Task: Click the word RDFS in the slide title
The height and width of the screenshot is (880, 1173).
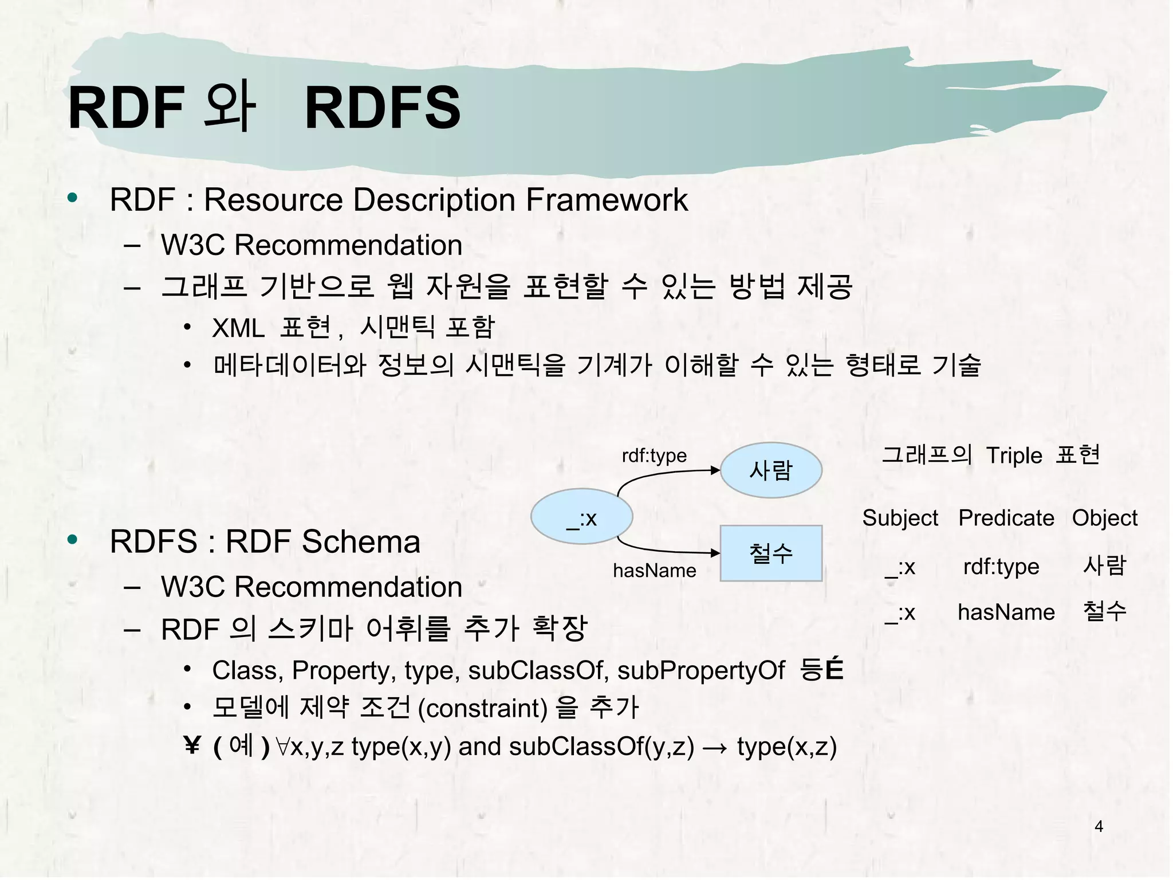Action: click(x=382, y=108)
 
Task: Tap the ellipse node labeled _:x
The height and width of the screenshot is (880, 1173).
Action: click(x=581, y=517)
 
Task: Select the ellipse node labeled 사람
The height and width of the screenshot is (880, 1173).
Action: click(x=770, y=470)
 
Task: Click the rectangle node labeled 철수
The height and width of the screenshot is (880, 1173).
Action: click(x=770, y=553)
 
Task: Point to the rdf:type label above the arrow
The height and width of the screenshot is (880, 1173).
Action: click(x=654, y=455)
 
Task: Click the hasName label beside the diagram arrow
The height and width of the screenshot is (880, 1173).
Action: click(x=654, y=571)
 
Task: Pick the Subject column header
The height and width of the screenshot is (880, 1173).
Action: click(x=900, y=518)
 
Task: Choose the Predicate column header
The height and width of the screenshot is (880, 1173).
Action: click(x=1006, y=518)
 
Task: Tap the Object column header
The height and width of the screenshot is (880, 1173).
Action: click(x=1104, y=518)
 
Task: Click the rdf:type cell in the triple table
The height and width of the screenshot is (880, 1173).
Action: click(x=1001, y=567)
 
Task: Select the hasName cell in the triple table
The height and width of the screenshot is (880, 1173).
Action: click(x=1006, y=612)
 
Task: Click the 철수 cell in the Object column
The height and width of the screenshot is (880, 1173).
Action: click(x=1104, y=611)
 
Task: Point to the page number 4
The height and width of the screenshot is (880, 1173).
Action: click(x=1098, y=826)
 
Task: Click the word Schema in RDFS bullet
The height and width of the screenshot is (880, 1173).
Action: click(x=361, y=541)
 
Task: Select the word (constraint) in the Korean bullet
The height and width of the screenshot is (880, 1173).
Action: click(x=482, y=709)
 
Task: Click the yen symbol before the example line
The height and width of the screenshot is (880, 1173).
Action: click(x=192, y=746)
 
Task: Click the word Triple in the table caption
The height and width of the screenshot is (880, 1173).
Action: click(x=1014, y=456)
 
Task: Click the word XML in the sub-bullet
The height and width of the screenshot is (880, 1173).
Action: click(x=238, y=329)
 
